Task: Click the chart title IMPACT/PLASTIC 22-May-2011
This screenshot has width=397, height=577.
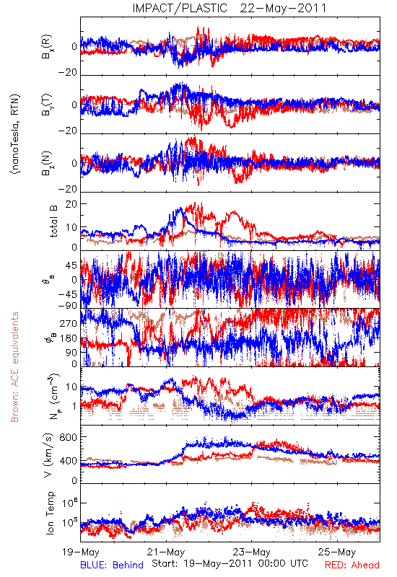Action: (230, 8)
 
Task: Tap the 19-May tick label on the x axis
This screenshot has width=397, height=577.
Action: (81, 552)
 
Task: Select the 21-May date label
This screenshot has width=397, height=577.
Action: (166, 552)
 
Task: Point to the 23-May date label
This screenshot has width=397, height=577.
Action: (251, 552)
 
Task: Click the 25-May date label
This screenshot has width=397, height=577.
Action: (337, 552)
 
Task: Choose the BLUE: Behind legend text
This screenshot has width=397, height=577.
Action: (112, 565)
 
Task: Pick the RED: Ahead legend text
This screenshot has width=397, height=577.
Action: (352, 565)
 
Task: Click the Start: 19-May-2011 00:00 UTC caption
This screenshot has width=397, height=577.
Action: (230, 563)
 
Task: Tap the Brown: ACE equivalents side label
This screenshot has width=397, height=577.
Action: (14, 367)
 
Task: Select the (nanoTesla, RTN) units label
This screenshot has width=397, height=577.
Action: (15, 134)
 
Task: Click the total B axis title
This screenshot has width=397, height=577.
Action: (53, 221)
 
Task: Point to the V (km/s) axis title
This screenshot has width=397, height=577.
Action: (48, 455)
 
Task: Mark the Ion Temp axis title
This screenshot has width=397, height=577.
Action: (50, 513)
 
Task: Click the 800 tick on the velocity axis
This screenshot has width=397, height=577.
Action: (69, 437)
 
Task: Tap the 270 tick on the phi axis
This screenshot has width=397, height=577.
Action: (69, 323)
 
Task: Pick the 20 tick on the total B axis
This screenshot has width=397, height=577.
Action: (71, 204)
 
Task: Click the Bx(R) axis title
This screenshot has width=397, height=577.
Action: (46, 47)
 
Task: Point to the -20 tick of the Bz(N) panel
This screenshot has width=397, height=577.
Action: (68, 189)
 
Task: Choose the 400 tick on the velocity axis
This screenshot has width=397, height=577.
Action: (69, 461)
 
